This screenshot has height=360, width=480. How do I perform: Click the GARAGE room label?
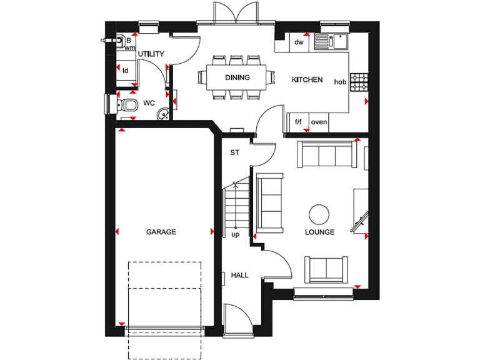161,232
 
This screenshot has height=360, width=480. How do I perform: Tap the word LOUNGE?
319,232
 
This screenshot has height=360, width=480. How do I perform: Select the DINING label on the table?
237,78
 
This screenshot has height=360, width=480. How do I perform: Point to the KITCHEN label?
307,80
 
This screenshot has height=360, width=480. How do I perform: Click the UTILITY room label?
151,54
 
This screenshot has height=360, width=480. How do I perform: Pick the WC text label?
149,102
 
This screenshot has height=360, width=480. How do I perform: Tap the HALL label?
239,275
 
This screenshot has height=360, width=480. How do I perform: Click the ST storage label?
235,152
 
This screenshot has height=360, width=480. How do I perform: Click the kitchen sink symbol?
331,42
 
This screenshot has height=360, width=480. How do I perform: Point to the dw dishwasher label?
299,42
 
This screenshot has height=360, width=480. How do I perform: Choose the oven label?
319,122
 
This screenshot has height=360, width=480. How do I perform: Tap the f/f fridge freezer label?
299,122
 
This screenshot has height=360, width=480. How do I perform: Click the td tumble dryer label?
126,70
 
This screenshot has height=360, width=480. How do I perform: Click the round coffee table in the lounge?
319,214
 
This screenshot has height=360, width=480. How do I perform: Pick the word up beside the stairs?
236,235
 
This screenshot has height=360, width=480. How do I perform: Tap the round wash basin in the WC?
163,113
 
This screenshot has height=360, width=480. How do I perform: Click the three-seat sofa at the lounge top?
325,154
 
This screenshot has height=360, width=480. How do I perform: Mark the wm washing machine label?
130,47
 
